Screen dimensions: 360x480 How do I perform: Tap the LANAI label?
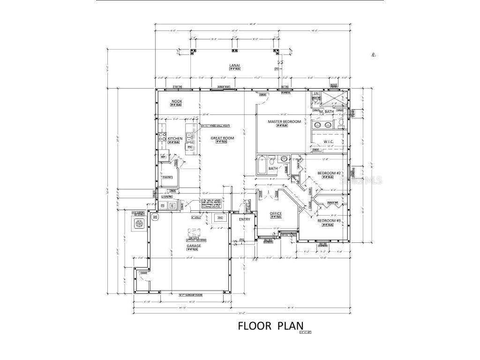point(235,65)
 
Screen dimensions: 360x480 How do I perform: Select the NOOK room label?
point(177,101)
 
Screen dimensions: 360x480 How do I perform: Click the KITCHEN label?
point(175,139)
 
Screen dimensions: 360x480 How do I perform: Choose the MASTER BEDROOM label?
point(284,121)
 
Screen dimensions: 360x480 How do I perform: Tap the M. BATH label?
point(326,112)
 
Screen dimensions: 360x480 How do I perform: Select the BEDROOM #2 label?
point(328,173)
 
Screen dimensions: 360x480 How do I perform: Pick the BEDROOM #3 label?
point(329,220)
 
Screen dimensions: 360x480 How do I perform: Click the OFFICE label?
point(276,213)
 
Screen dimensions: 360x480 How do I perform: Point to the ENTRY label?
point(244,219)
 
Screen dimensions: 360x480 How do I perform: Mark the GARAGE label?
point(194,245)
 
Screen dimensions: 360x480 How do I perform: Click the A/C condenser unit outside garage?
point(139,224)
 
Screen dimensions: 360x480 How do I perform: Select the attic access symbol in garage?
point(194,232)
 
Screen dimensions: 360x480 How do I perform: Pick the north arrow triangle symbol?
point(374,55)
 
